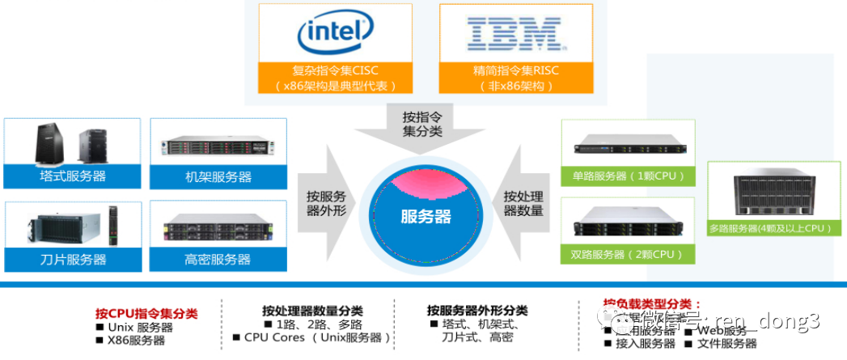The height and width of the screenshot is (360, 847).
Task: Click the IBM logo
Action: [x=515, y=33]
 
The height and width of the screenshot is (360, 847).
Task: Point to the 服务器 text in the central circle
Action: [x=426, y=217]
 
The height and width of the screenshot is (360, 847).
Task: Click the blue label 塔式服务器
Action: [x=73, y=176]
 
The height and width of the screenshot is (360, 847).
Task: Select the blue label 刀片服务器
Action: [x=73, y=260]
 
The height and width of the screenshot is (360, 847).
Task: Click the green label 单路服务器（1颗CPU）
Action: [x=629, y=176]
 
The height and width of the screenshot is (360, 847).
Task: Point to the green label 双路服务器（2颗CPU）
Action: [x=629, y=254]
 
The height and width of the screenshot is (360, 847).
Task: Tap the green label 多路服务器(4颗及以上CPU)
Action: [x=770, y=228]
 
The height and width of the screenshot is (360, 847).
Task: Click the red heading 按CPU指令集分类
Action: [x=146, y=313]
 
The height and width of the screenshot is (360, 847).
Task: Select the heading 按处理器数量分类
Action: [x=312, y=311]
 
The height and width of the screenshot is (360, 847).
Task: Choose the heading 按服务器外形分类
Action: [x=477, y=311]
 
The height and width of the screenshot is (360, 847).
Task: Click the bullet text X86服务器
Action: [x=136, y=341]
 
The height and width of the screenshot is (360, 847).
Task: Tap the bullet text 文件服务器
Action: [x=727, y=344]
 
